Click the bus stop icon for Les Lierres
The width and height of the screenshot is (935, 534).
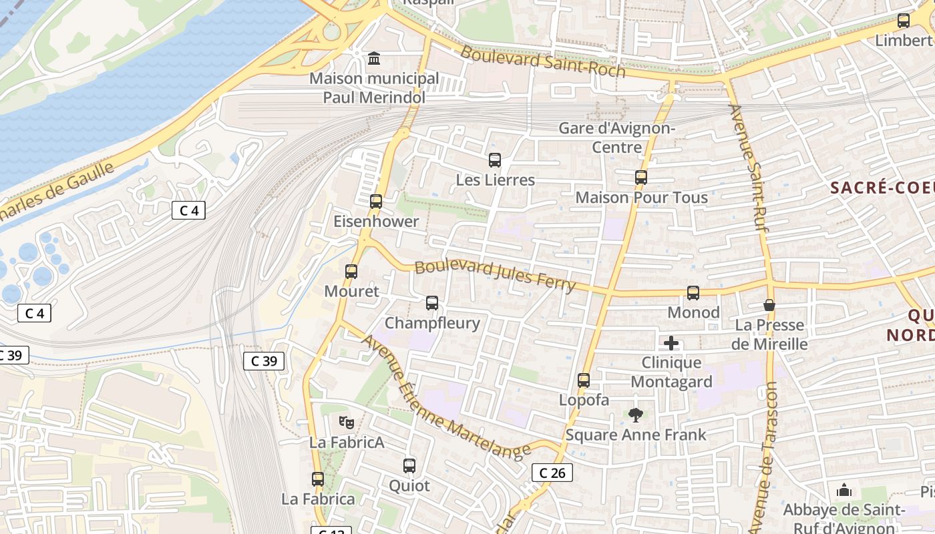point(495,160)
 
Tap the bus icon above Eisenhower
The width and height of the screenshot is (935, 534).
point(376,202)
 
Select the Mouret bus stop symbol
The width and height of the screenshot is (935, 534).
point(351,272)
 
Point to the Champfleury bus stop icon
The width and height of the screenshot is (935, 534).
point(432,303)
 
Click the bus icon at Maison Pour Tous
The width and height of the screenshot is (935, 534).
point(641,178)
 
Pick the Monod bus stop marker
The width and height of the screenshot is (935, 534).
point(693,293)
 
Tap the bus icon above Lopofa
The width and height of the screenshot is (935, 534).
point(584,380)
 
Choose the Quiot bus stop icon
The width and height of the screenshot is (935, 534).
point(409,466)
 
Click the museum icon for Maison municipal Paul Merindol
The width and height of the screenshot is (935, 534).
point(374,59)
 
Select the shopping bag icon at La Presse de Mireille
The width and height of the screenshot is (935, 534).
point(769,305)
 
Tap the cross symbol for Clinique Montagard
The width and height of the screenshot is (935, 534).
point(671,343)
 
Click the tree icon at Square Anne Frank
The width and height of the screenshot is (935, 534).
point(635,415)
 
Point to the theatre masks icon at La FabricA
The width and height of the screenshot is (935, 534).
point(346,422)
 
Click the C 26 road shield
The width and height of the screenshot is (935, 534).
point(552,473)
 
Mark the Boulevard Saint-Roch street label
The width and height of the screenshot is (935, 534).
point(543,62)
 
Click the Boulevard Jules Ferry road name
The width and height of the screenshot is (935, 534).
point(495,276)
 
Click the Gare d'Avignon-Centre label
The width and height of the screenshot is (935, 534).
point(616,138)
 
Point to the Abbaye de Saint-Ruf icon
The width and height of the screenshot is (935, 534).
point(844,491)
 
